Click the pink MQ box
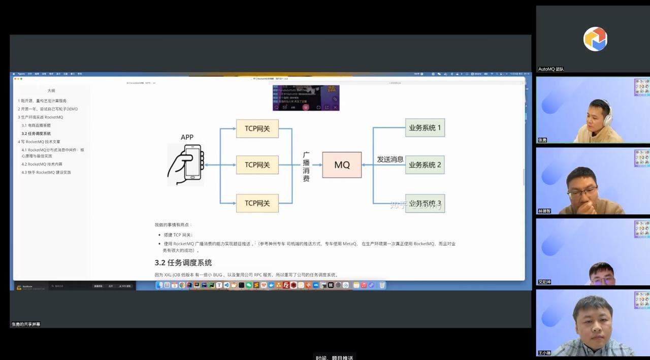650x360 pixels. coord(342,165)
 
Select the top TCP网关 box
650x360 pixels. coord(257,128)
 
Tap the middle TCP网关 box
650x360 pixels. coord(257,165)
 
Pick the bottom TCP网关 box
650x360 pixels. coord(257,203)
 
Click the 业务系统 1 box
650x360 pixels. coord(425,128)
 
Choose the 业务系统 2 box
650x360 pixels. coord(425,165)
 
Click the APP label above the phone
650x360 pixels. coord(187,137)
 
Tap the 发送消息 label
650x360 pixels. coord(390,159)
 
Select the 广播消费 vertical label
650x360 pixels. coord(306,167)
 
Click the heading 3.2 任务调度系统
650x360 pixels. coord(183,263)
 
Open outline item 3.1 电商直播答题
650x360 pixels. coord(36,125)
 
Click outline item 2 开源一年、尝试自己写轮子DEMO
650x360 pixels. coord(48,109)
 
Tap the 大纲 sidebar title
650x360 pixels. coord(51,91)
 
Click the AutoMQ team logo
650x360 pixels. coord(595,39)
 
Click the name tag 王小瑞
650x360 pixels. coord(544,353)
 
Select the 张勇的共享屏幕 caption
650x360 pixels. coord(26,324)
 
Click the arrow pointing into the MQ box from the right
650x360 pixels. coord(367,165)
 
